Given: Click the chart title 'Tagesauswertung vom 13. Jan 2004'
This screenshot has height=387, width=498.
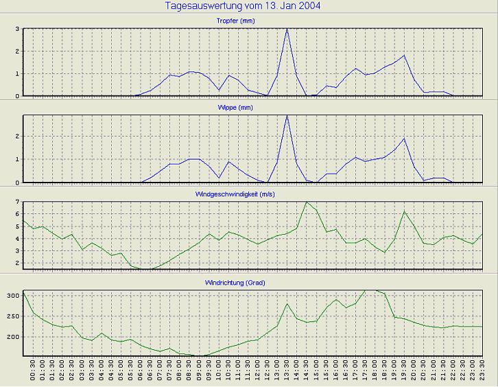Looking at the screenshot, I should (x=244, y=6).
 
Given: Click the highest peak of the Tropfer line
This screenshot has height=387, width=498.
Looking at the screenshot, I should (x=287, y=29).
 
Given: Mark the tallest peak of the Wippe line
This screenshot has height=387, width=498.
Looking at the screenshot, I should (x=287, y=115).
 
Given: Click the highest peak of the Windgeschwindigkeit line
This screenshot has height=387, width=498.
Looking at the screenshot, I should (x=306, y=202).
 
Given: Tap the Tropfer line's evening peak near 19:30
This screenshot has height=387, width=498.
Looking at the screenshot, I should (x=405, y=56).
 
